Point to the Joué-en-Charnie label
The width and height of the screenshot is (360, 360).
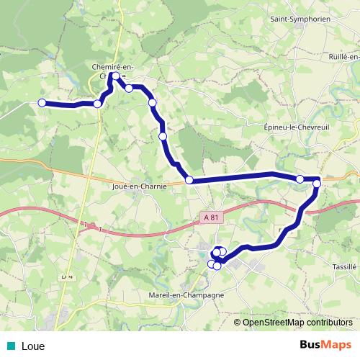[x=140, y=186]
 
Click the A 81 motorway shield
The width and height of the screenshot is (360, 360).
[x=210, y=216]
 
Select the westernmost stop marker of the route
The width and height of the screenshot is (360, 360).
[x=42, y=103]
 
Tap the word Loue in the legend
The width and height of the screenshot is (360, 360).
[x=33, y=346]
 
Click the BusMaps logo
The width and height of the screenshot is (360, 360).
[x=325, y=345]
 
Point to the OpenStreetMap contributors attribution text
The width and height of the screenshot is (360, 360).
[x=297, y=323]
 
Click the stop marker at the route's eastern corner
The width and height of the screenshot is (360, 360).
[x=317, y=185]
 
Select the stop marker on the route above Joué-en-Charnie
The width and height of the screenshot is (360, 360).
[x=189, y=180]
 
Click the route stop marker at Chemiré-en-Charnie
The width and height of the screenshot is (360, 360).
[x=115, y=76]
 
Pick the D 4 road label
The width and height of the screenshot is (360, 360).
[x=67, y=276]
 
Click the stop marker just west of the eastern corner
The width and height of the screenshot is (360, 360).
[x=300, y=179]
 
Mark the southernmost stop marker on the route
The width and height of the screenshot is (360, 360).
[x=217, y=266]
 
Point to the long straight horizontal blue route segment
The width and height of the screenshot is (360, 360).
[x=238, y=176]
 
